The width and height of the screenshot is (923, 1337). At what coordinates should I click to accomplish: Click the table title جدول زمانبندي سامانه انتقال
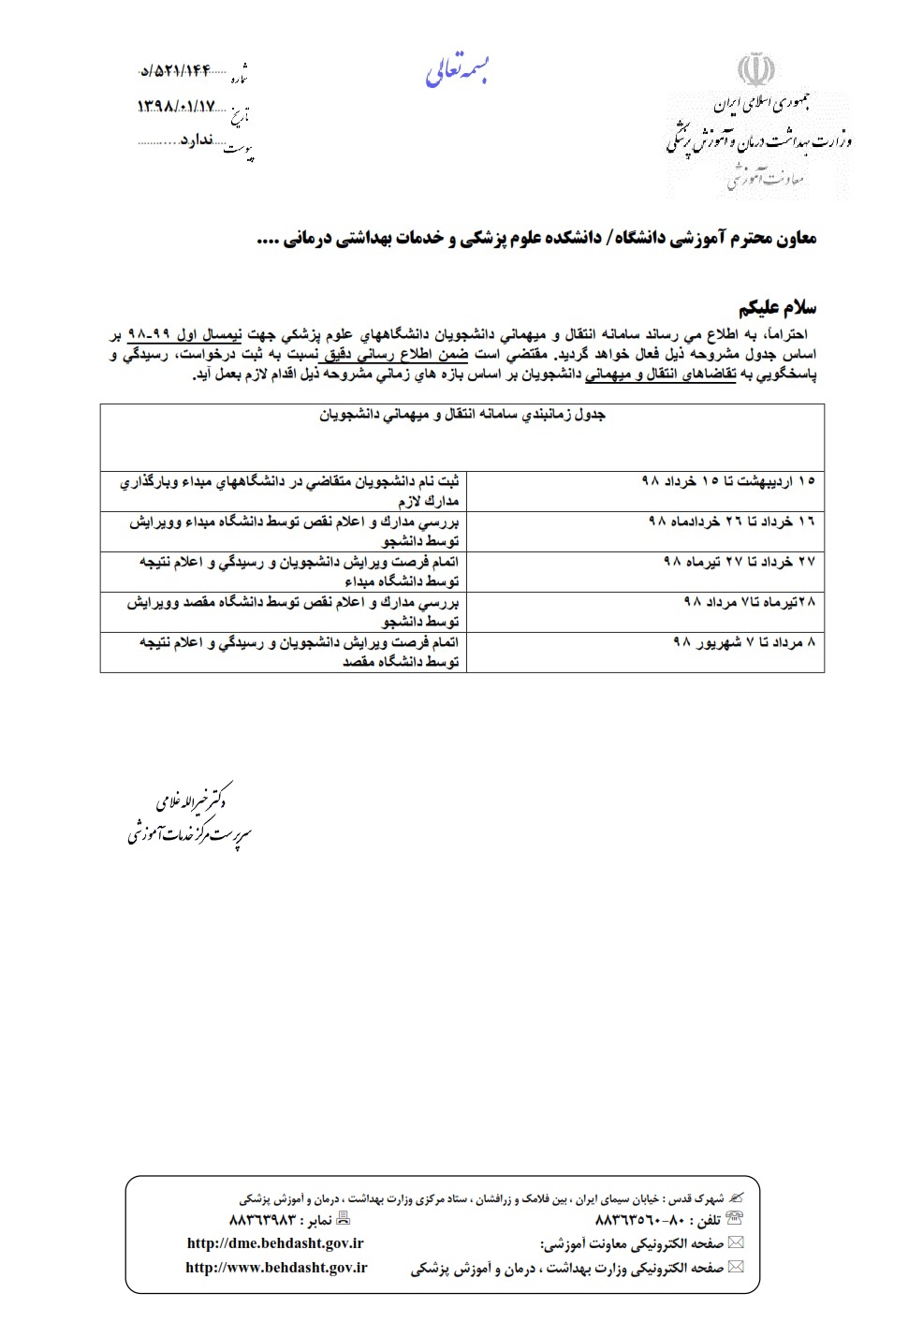[462, 414]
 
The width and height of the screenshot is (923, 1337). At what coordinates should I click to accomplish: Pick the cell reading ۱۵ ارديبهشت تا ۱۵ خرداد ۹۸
[728, 480]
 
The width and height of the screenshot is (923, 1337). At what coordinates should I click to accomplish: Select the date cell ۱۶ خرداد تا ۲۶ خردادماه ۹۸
[732, 521]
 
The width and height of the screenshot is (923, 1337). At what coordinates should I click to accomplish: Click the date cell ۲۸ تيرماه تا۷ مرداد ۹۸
[750, 601]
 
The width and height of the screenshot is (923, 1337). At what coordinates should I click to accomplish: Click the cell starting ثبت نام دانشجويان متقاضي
[290, 491]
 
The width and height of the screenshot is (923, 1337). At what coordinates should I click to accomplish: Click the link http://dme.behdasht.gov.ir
[275, 1243]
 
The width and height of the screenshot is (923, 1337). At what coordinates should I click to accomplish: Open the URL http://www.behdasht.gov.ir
[276, 1267]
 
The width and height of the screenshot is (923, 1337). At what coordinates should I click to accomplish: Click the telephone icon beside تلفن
[735, 1219]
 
